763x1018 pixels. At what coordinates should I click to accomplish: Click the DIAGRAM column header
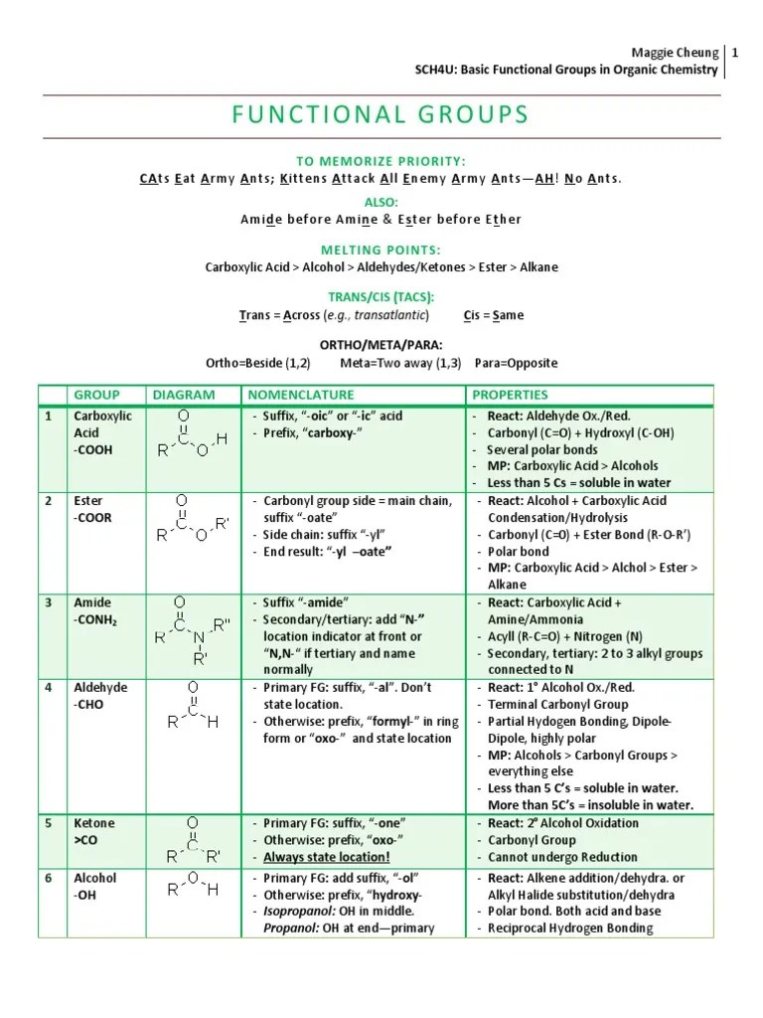183,395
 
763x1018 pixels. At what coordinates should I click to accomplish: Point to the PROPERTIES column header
510,395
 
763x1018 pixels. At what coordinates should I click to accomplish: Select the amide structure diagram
192,629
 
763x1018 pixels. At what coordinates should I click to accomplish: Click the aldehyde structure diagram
192,706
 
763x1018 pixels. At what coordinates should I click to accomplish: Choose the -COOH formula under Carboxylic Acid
92,449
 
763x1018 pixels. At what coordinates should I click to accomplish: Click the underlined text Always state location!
327,857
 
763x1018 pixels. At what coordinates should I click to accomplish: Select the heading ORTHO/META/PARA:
381,346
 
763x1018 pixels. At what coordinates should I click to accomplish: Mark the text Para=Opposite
517,363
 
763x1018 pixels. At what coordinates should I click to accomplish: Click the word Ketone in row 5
94,823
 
